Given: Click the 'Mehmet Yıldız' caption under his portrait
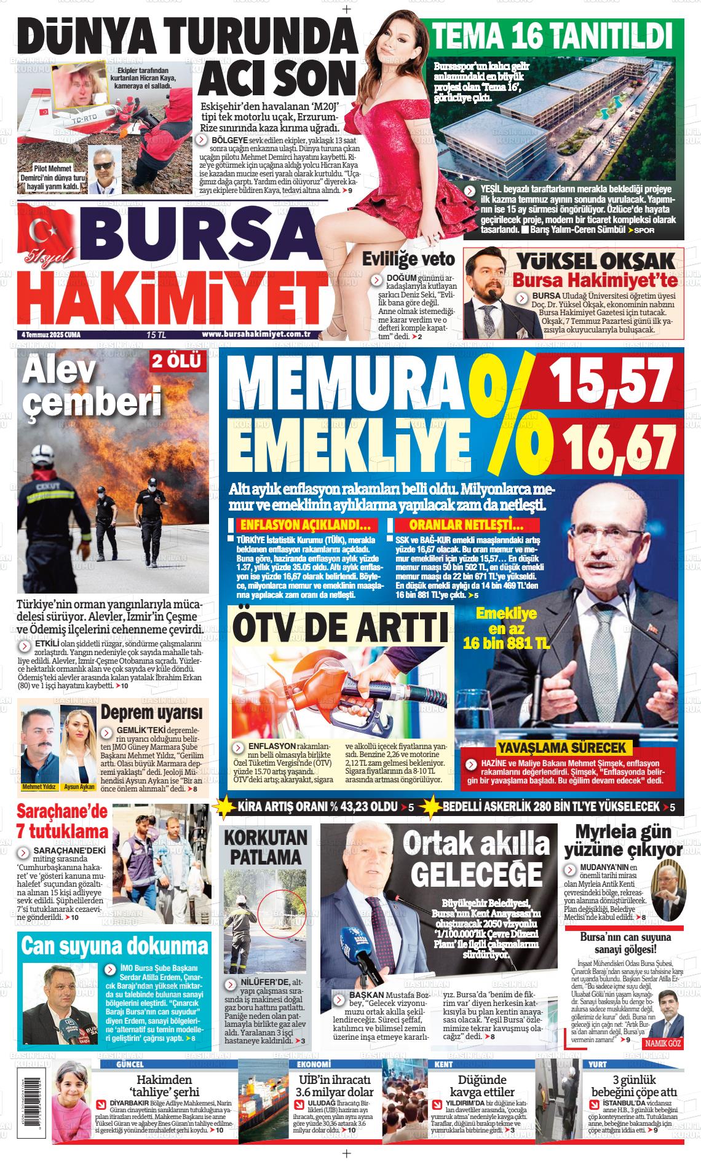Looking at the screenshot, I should (39, 787).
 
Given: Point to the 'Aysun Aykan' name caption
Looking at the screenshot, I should (79, 787).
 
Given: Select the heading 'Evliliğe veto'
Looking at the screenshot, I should (408, 259).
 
